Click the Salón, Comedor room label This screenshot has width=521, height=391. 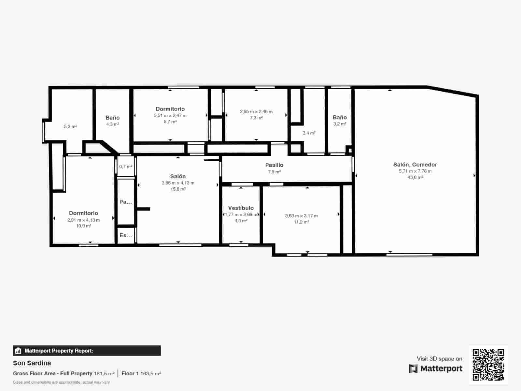coord(415,165)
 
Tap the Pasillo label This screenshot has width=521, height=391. coord(274,165)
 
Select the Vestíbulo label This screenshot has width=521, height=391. coord(241,208)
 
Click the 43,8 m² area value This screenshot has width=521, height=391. coord(415,178)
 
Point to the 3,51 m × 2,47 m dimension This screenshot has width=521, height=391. coord(170,115)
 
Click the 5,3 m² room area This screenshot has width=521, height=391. coord(70,126)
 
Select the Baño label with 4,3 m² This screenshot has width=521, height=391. coord(112,118)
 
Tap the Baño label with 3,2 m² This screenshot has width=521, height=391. coord(340,117)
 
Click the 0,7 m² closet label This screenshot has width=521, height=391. coord(126,167)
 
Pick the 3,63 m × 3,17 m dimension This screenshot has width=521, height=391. coord(301,216)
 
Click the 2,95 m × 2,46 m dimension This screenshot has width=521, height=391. coord(256,111)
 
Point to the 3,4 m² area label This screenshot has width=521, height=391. coord(309,133)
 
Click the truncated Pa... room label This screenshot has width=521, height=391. coord(126,202)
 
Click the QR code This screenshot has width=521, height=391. coord(488,365)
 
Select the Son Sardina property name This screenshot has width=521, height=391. coord(32,363)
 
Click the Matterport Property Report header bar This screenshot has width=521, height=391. coord(87,351)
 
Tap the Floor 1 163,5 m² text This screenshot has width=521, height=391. coord(141,373)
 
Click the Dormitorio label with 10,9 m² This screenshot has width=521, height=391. coord(83,213)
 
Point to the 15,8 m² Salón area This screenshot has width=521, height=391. coord(178,189)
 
